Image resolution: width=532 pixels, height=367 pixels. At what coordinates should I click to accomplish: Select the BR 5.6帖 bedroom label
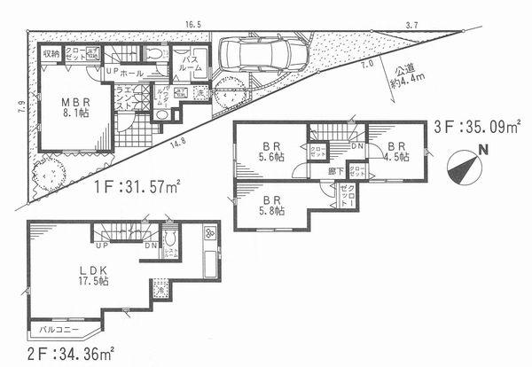[x=271, y=152]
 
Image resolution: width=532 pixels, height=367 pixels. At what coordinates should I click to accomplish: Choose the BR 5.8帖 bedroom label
[x=271, y=206]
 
